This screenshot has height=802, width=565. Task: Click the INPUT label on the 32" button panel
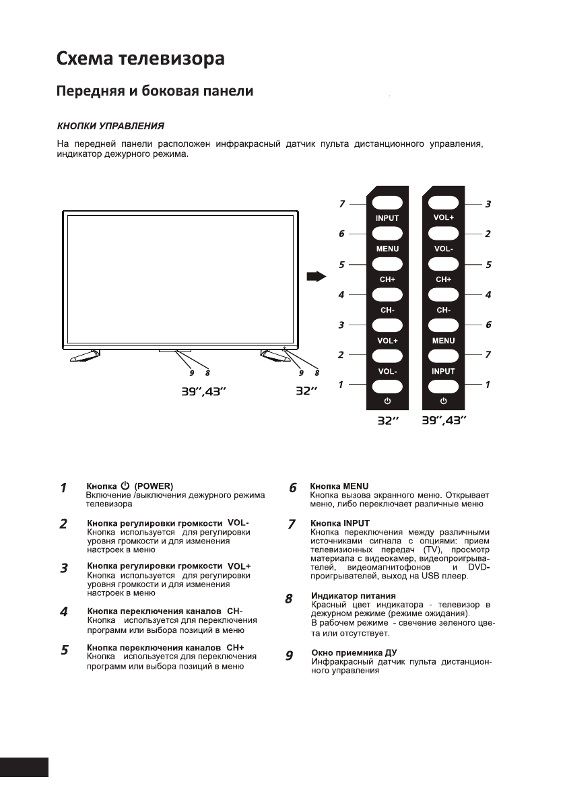pos(387,218)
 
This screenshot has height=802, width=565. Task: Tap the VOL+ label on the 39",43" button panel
pos(443,218)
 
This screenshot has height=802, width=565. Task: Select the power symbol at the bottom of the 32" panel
pos(387,401)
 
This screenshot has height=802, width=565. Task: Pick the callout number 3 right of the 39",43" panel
pos(488,203)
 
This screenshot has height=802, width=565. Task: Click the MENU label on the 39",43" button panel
pos(443,341)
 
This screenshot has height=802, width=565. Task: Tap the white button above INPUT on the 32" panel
pos(387,202)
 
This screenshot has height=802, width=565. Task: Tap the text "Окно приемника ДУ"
pos(354,653)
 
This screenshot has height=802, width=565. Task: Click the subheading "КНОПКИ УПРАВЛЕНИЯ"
pos(110,126)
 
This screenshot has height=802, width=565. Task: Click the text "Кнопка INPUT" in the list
pos(340,523)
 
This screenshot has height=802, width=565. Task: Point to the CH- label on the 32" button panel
pos(387,310)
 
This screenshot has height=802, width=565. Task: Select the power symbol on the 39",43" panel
pos(443,401)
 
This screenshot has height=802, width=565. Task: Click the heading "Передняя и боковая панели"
pos(154,92)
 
